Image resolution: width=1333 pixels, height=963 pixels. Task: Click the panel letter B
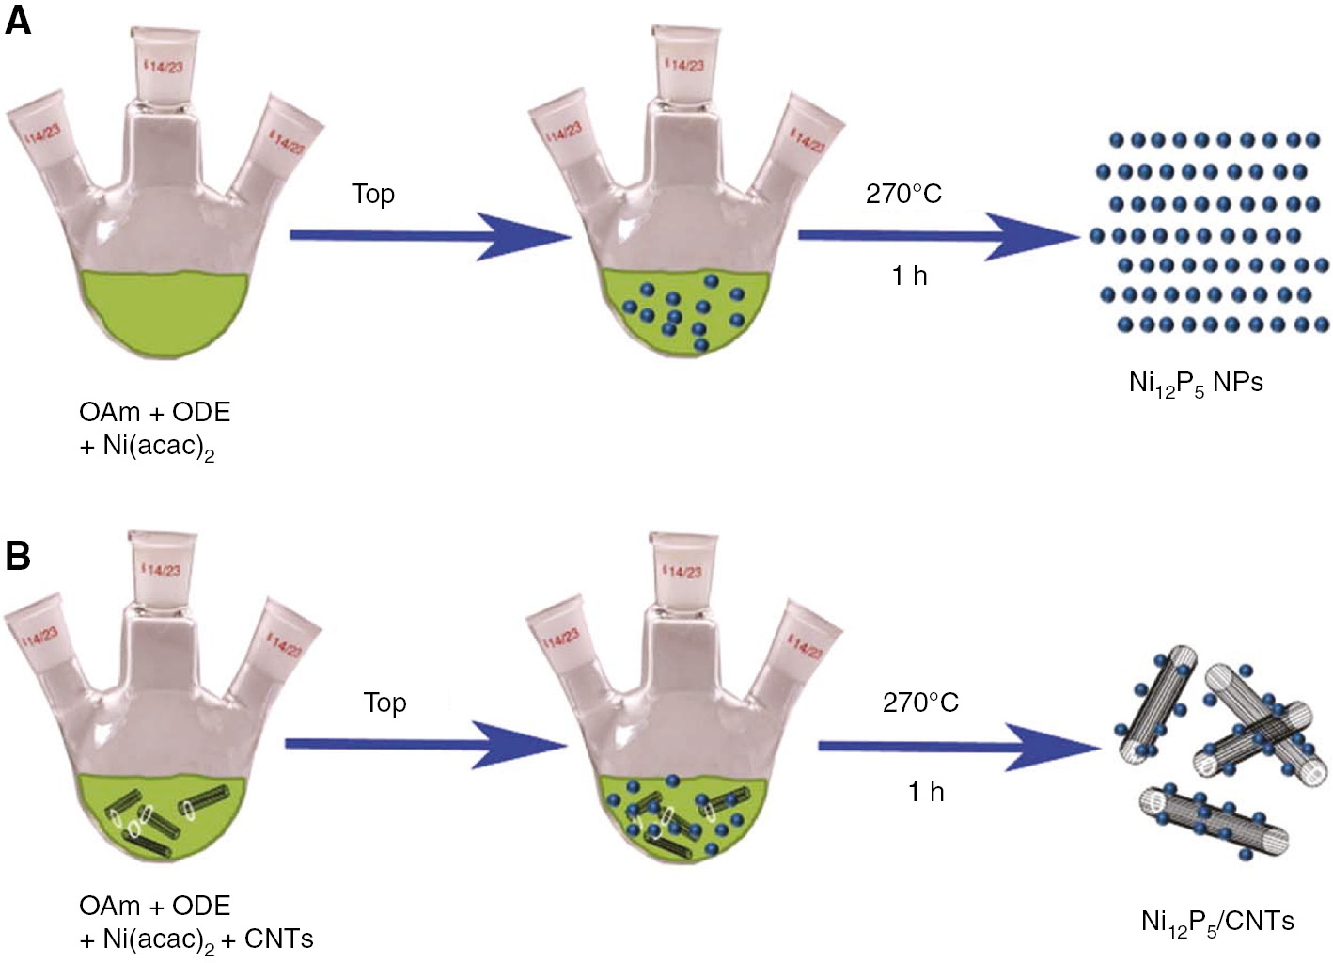point(18,555)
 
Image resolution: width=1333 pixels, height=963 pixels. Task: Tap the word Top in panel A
point(373,194)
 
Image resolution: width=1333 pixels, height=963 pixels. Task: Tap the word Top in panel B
point(384,703)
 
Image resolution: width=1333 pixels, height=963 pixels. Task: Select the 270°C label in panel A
point(903,194)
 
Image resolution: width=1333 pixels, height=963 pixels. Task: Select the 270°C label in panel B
point(920,703)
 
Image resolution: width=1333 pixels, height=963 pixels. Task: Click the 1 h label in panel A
point(909,276)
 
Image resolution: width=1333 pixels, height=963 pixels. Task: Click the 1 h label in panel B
point(926,792)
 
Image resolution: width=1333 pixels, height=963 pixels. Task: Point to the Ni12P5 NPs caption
point(1196,383)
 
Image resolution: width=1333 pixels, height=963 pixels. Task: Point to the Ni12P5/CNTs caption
point(1217,922)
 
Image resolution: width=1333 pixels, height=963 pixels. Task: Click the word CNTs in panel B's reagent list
point(278,939)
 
